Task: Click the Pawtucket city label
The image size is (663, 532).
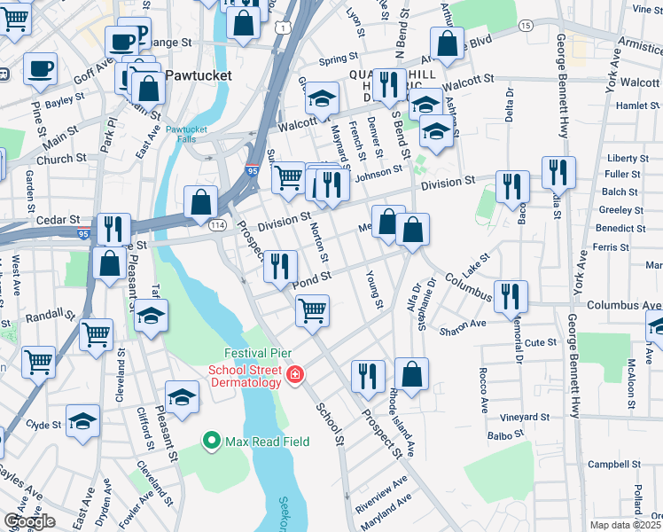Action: click(198, 75)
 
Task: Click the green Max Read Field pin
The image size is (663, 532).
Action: click(211, 439)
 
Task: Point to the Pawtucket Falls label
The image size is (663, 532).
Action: click(185, 134)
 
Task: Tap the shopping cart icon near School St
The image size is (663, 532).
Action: click(312, 311)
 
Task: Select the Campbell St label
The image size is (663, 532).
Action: click(613, 464)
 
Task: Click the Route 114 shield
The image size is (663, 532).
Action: click(217, 226)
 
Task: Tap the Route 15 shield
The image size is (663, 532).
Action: click(526, 27)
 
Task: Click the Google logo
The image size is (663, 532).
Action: click(29, 521)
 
